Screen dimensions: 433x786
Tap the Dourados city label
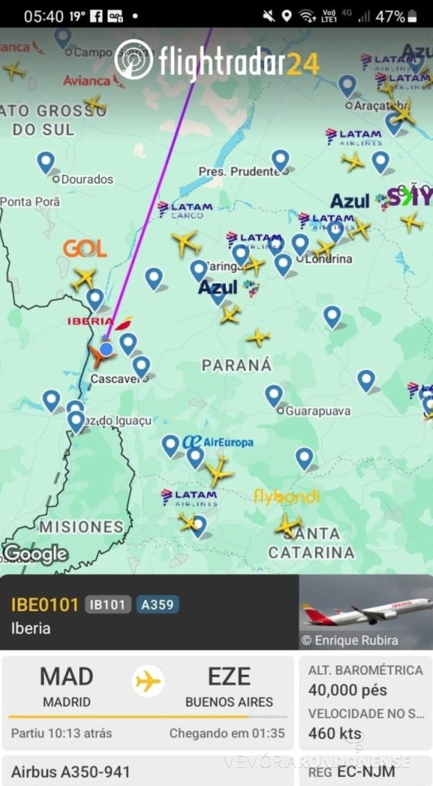(x=87, y=179)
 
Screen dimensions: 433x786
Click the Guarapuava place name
(x=318, y=411)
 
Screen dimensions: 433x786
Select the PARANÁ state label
(x=237, y=365)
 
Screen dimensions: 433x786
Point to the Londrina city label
(x=328, y=259)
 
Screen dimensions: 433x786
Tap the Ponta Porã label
(x=30, y=202)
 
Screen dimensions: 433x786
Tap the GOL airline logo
(x=85, y=249)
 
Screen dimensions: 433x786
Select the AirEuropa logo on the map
(x=219, y=442)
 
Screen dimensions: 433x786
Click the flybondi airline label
(x=286, y=497)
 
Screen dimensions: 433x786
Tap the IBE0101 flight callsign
(x=45, y=604)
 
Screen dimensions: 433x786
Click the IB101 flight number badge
(x=107, y=604)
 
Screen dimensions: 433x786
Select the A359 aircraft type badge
(x=157, y=604)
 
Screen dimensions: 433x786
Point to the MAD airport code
(x=67, y=677)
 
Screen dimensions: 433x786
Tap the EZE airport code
(x=229, y=677)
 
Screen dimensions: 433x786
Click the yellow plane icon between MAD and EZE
(x=148, y=681)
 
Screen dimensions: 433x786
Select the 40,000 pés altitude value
(x=348, y=690)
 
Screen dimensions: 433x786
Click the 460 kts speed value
(x=335, y=733)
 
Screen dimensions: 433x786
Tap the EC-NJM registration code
(x=366, y=771)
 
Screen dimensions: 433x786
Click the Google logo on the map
(x=36, y=554)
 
